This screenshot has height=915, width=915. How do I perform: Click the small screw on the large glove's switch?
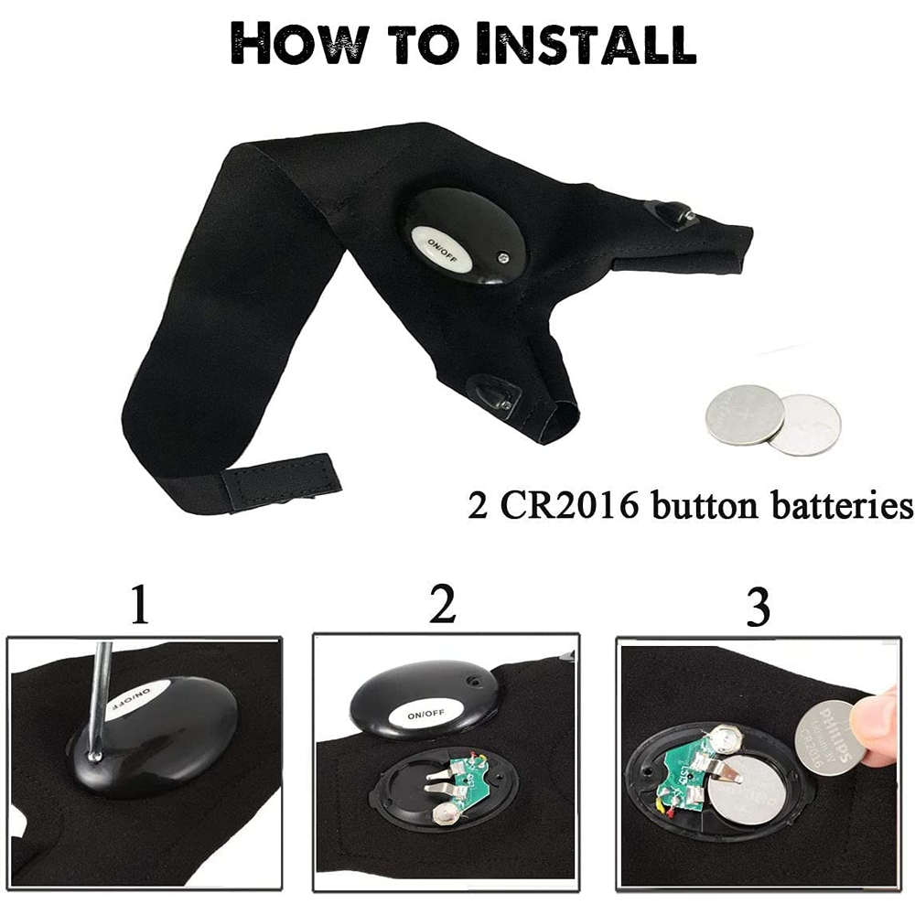502,258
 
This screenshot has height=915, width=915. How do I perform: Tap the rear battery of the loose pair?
807,423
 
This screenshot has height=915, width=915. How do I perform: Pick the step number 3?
758,608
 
